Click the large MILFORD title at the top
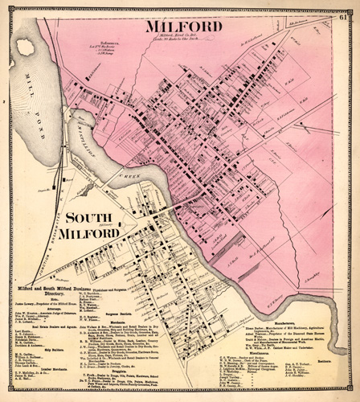pos(182,27)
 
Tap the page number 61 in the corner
pos(343,9)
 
